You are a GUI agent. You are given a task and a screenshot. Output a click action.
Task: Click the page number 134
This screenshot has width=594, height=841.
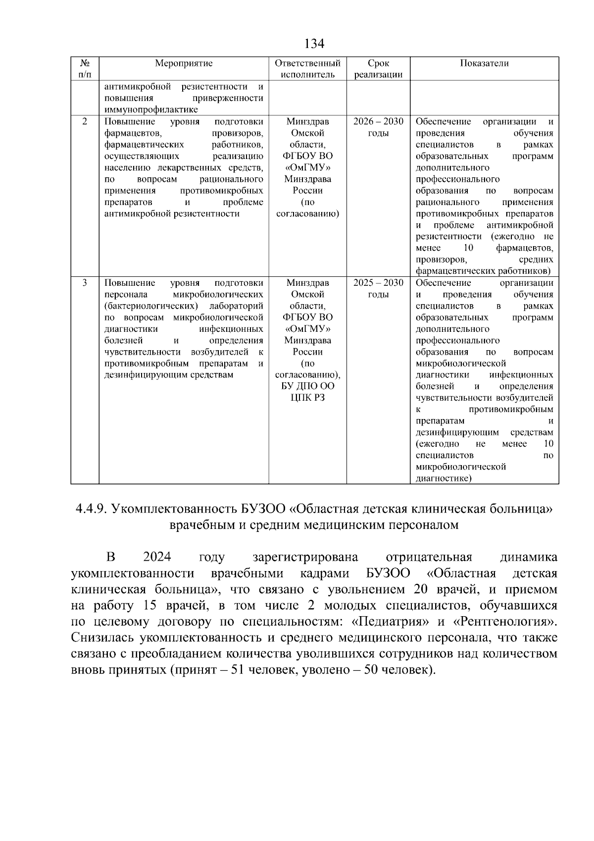point(314,44)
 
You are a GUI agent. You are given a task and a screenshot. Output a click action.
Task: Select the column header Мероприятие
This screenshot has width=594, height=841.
point(184,63)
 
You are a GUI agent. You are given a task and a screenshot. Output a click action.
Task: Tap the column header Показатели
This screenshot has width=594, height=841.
point(484,63)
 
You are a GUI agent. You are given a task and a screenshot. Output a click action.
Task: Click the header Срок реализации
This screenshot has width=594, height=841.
point(378,69)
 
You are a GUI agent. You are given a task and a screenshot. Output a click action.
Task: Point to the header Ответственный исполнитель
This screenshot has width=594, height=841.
point(307,69)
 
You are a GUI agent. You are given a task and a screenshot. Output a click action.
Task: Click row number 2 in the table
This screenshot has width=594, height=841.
point(85,122)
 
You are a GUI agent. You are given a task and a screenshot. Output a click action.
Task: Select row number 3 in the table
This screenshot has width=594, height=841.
point(85,283)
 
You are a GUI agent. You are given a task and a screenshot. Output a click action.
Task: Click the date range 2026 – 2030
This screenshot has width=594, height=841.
point(378,122)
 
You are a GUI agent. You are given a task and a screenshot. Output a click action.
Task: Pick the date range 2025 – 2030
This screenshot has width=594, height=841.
point(378,283)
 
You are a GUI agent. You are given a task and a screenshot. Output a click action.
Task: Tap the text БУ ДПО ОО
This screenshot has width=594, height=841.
point(307,386)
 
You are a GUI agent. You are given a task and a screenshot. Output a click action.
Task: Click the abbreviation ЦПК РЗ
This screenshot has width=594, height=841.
point(307,398)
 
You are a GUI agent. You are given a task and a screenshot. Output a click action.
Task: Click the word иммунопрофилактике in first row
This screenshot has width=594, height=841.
point(151,110)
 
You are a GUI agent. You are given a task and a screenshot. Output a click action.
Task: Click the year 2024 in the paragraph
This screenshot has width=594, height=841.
point(157,557)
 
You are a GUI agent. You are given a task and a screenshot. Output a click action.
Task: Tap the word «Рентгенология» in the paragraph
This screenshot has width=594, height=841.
point(505,621)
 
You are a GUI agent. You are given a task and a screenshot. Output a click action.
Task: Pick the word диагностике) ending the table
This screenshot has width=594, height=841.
point(444,478)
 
